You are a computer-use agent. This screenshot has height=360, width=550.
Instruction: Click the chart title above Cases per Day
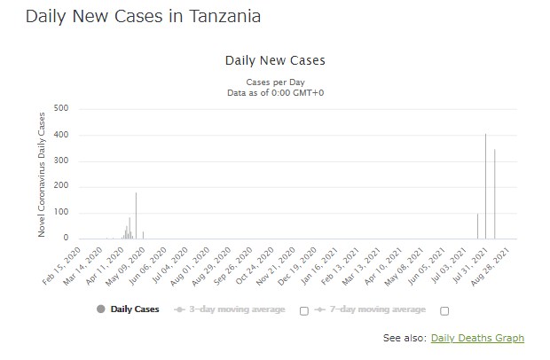pyautogui.click(x=276, y=61)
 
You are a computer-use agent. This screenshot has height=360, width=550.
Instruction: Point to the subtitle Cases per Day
pyautogui.click(x=276, y=81)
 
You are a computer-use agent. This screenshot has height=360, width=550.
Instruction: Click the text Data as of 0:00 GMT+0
pyautogui.click(x=276, y=91)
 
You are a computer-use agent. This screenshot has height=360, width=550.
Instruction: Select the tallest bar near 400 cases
pyautogui.click(x=485, y=186)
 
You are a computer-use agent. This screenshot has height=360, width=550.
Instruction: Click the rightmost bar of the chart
pyautogui.click(x=494, y=194)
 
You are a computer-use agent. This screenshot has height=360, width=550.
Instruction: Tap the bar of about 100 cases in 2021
pyautogui.click(x=477, y=226)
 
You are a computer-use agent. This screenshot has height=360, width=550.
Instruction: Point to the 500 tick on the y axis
pyautogui.click(x=61, y=109)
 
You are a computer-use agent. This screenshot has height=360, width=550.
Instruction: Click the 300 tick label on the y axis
pyautogui.click(x=61, y=160)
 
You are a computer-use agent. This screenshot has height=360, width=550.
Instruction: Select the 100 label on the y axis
pyautogui.click(x=61, y=213)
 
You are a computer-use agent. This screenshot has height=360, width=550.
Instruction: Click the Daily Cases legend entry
pyautogui.click(x=128, y=309)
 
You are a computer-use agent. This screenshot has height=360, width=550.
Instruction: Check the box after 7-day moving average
pyautogui.click(x=444, y=310)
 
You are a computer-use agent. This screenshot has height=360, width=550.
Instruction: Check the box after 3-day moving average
pyautogui.click(x=304, y=310)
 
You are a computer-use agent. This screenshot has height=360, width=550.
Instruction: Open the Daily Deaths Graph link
pyautogui.click(x=476, y=338)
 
